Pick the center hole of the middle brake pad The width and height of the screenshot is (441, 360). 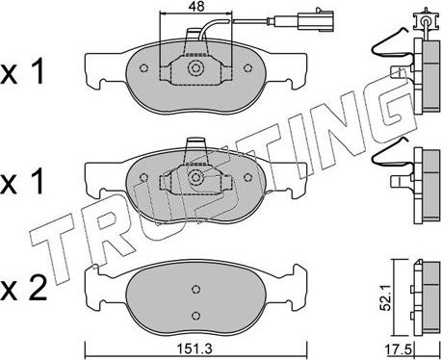196,178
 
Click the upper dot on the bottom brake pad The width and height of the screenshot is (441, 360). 195,289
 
